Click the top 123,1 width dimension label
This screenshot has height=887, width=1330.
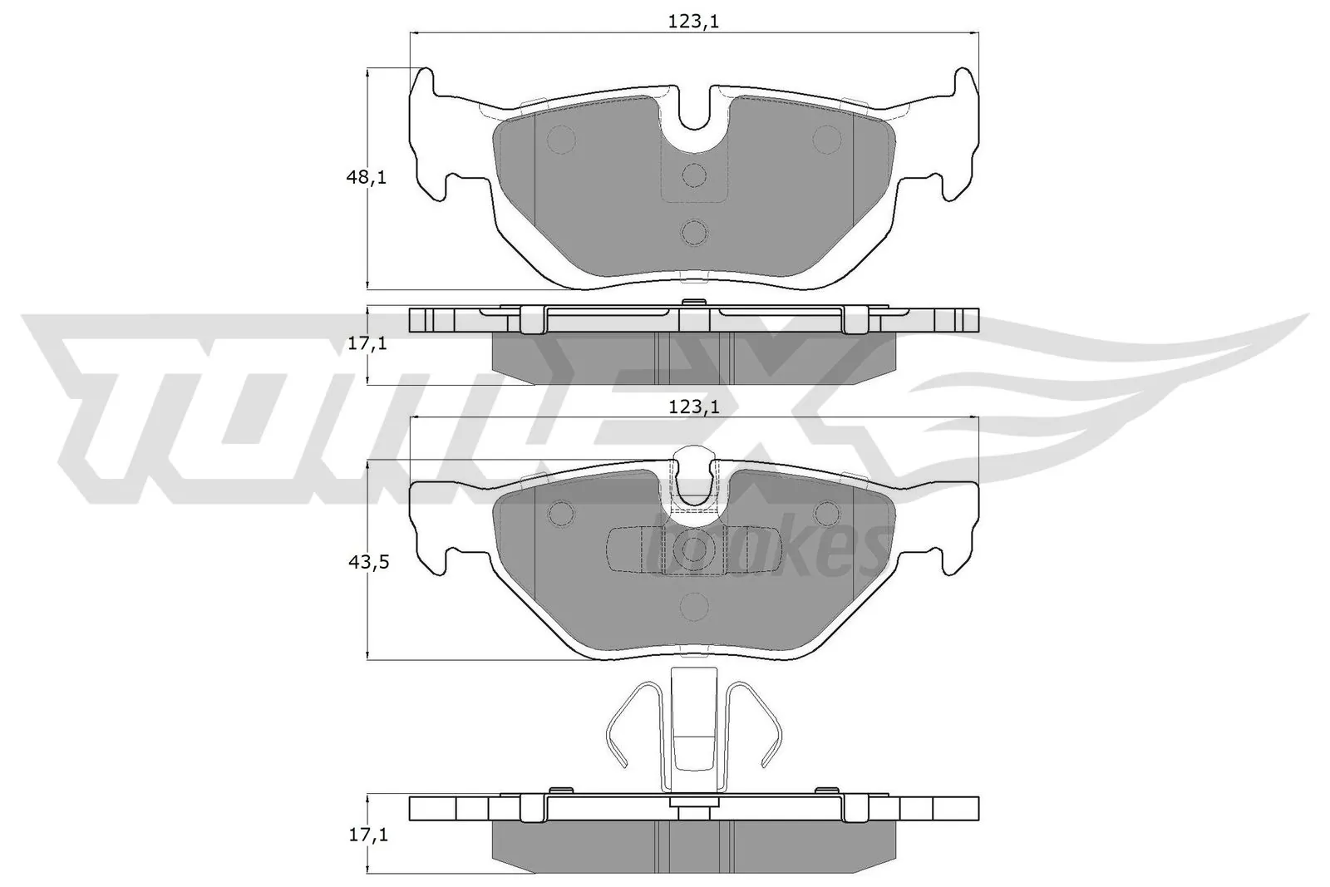pyautogui.click(x=693, y=22)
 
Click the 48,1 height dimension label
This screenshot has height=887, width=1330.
pyautogui.click(x=366, y=177)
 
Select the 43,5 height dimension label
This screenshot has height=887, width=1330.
pyautogui.click(x=366, y=562)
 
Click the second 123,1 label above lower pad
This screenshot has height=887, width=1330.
pyautogui.click(x=693, y=407)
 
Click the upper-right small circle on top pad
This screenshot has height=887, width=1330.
pyautogui.click(x=826, y=139)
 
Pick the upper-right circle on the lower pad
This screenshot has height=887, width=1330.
pyautogui.click(x=826, y=513)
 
